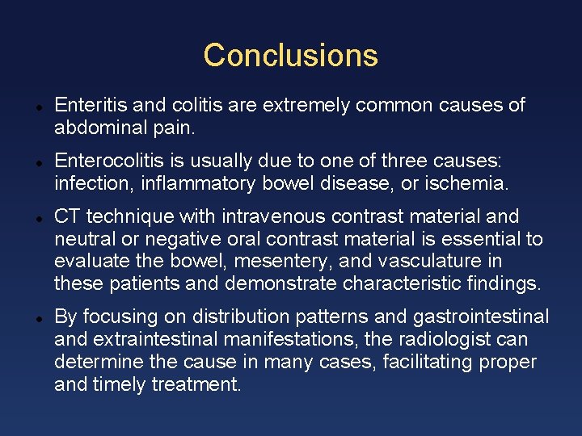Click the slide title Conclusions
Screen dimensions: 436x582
click(x=290, y=56)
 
